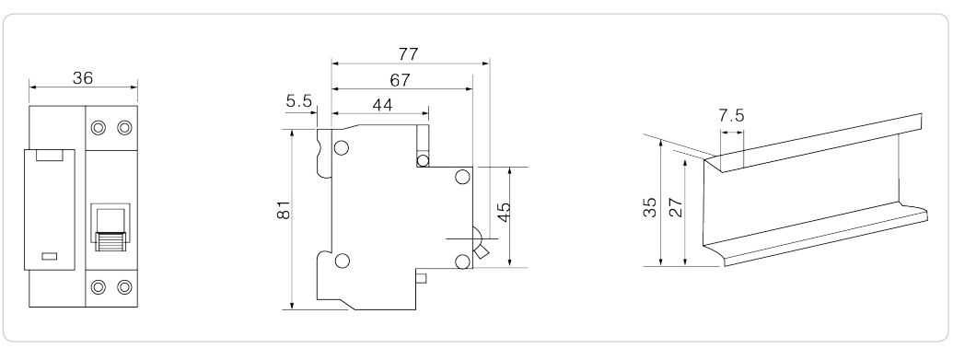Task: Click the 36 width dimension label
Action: [83, 78]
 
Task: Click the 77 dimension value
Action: [409, 54]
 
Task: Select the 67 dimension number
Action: [400, 80]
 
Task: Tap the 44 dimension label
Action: [382, 105]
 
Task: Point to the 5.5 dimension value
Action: [299, 101]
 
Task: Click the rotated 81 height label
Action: [285, 210]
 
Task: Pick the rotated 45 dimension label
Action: [504, 213]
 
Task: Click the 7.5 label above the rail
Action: [731, 115]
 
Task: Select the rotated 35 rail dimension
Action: [650, 207]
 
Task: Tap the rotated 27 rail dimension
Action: [676, 207]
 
